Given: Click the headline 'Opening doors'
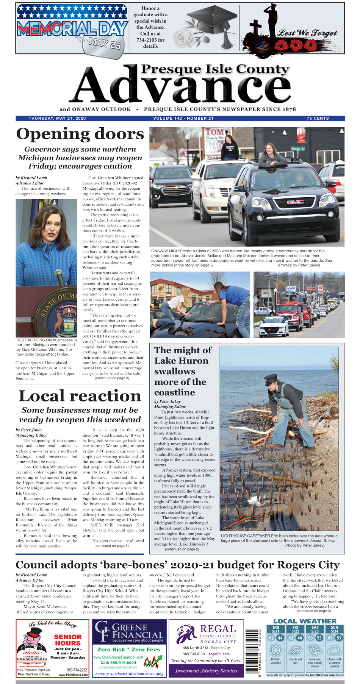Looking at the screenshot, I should [80, 134].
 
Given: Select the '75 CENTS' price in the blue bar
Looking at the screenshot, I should [318, 119].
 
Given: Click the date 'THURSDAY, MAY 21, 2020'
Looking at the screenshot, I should [57, 119].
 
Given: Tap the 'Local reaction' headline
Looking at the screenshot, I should [80, 396].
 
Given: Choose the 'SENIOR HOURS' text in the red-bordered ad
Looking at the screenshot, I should [68, 640].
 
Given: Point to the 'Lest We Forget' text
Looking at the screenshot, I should [307, 33].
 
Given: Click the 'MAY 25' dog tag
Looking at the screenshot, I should [104, 42].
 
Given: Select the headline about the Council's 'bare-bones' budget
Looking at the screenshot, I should [177, 565].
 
